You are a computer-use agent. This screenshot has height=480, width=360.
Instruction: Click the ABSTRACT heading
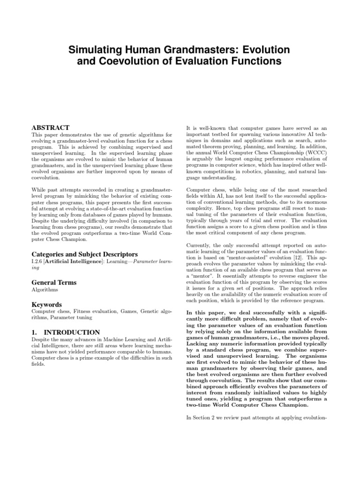point(50,127)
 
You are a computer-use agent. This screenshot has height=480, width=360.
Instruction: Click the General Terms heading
point(54,282)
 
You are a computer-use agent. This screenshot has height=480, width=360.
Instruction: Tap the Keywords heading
point(47,304)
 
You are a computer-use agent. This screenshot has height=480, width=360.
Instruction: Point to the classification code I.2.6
point(37,262)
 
